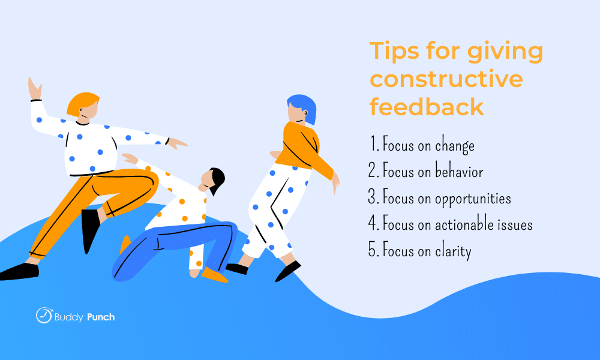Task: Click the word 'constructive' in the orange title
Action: [446, 79]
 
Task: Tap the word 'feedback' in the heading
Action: [427, 106]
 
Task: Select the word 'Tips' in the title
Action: [394, 52]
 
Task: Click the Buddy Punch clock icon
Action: [44, 315]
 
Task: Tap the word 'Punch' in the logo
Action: [101, 317]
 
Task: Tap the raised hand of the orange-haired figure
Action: [35, 89]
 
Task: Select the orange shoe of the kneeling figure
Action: [214, 275]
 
